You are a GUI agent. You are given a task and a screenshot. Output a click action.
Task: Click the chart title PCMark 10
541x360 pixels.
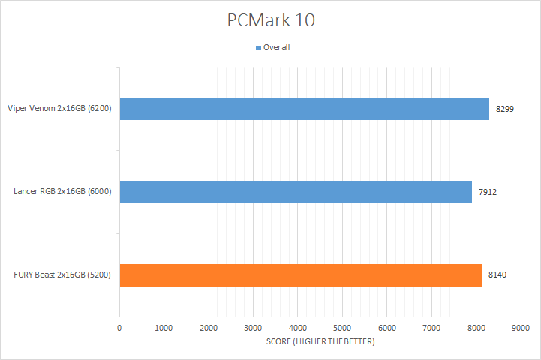[271, 20]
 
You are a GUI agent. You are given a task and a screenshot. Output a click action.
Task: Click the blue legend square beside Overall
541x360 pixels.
[258, 47]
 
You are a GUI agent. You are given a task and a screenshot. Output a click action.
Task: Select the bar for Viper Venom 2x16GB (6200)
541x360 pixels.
[304, 109]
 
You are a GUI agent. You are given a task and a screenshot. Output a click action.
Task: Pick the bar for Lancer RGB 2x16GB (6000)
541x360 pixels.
[296, 191]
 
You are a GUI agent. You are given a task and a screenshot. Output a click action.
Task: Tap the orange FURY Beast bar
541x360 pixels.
[300, 274]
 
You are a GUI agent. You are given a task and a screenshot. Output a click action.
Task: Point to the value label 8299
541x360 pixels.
[506, 109]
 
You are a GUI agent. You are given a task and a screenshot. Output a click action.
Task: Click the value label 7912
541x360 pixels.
[488, 192]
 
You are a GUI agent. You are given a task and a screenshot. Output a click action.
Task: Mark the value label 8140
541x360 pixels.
[498, 274]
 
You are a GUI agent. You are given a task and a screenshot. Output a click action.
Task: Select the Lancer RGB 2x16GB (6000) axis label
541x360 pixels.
[62, 192]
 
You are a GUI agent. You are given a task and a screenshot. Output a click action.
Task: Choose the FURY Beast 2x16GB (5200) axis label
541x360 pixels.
[62, 274]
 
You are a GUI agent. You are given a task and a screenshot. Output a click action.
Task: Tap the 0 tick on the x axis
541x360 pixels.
[119, 328]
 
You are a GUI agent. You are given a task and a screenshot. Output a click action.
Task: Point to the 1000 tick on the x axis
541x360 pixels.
[164, 328]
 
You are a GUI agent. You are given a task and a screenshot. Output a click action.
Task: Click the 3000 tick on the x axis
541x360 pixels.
[253, 328]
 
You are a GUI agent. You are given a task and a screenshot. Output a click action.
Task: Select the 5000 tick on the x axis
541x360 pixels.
[342, 328]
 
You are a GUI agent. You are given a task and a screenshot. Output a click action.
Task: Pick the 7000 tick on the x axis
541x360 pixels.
[431, 328]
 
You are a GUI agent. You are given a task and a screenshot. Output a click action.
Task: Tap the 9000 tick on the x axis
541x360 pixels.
[521, 328]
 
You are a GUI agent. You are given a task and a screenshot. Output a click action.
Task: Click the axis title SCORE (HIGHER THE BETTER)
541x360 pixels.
[320, 342]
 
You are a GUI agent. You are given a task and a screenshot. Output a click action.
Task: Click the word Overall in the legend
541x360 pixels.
[276, 47]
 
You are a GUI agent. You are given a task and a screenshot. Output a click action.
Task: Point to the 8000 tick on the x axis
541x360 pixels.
[476, 328]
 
